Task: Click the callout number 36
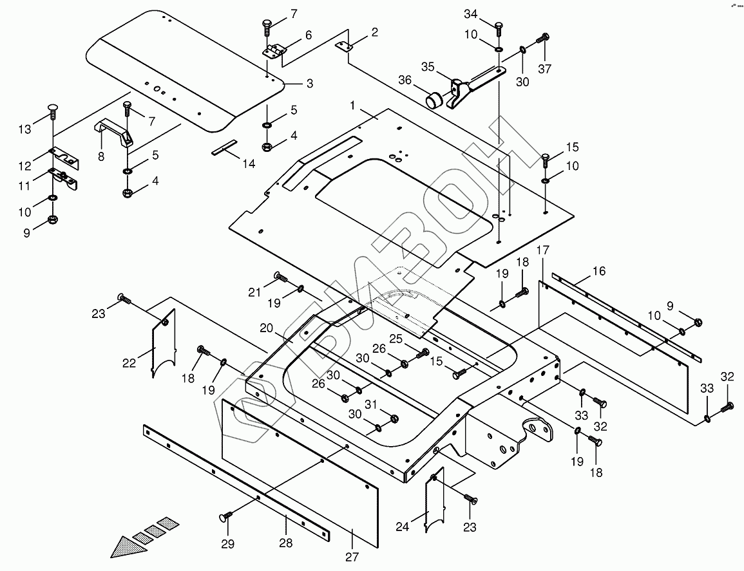pos(405,80)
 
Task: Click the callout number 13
pos(24,130)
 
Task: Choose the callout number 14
pos(248,164)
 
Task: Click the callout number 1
pos(352,104)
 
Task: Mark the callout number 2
pos(375,32)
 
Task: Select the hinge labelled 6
pos(276,51)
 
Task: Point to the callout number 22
pos(129,362)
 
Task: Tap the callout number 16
pos(599,271)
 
